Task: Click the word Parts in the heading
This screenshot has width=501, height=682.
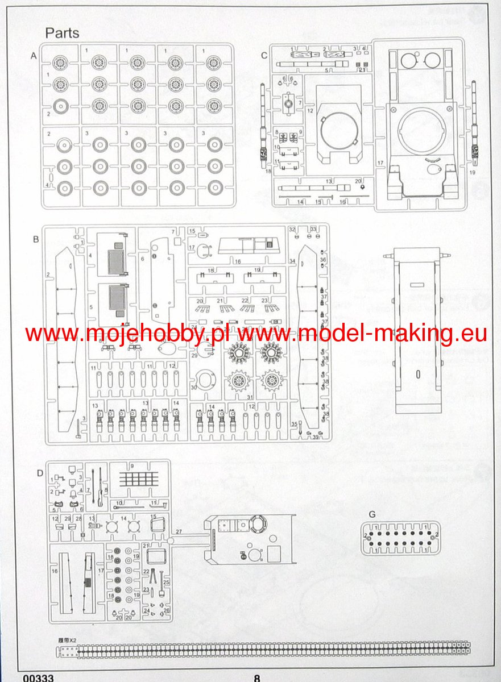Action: pyautogui.click(x=62, y=33)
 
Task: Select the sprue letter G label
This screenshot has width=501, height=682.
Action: pyautogui.click(x=372, y=514)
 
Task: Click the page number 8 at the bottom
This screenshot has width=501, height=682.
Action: pyautogui.click(x=257, y=677)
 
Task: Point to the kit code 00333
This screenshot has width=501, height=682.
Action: pyautogui.click(x=39, y=677)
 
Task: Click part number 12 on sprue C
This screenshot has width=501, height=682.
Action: pyautogui.click(x=310, y=111)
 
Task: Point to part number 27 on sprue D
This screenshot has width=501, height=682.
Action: pyautogui.click(x=178, y=531)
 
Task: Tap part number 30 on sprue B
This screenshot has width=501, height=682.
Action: pyautogui.click(x=193, y=388)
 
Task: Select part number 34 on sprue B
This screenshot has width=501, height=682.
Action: pyautogui.click(x=292, y=261)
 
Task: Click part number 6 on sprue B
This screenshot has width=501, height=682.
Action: pyautogui.click(x=142, y=258)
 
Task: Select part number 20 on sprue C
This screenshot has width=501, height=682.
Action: pyautogui.click(x=358, y=181)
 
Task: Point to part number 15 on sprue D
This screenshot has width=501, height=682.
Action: pyautogui.click(x=153, y=517)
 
